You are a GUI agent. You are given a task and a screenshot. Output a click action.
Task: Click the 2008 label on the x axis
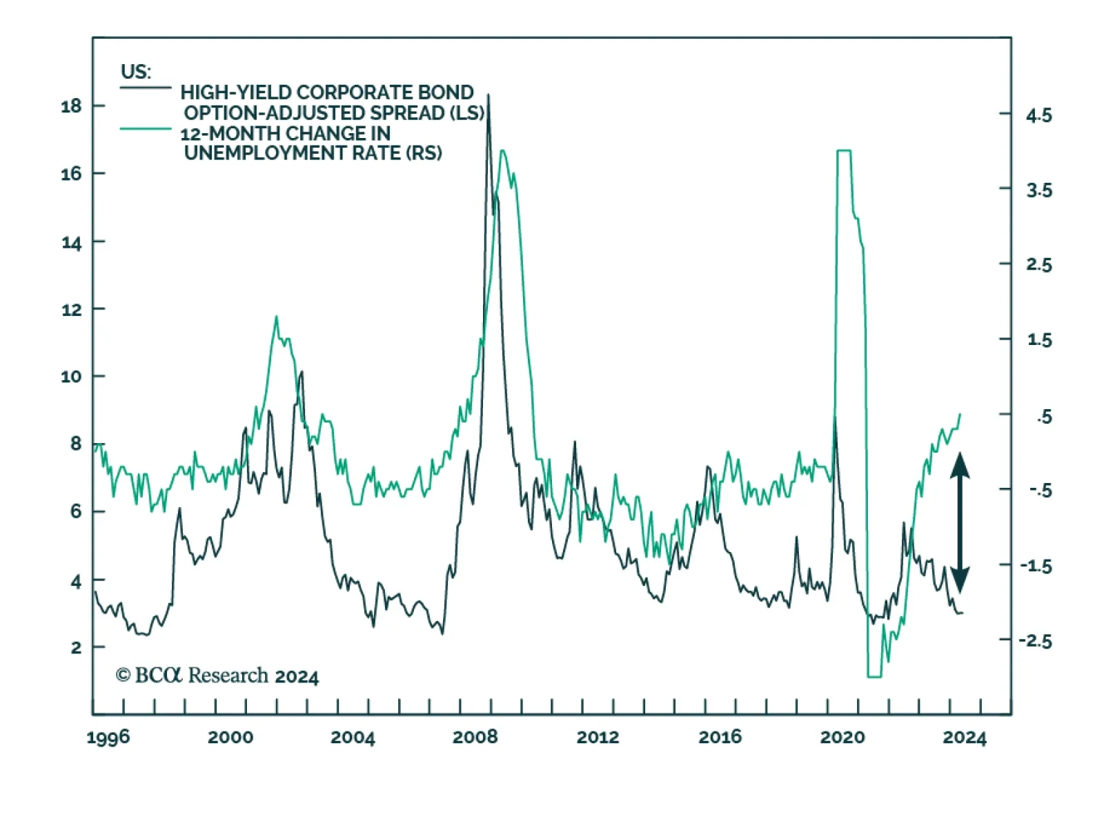click(x=475, y=738)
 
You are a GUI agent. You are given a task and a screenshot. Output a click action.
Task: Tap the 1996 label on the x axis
click(x=108, y=738)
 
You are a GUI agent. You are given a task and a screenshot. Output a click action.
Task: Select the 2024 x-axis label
click(x=965, y=738)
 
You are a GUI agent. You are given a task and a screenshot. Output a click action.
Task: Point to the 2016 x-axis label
click(x=720, y=738)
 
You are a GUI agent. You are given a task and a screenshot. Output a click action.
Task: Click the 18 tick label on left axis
click(x=71, y=106)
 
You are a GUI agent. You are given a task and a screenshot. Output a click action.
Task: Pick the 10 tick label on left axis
click(x=71, y=377)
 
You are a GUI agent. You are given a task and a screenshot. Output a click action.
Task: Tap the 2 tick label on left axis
click(x=76, y=647)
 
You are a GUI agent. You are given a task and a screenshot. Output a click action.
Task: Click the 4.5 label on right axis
click(x=1038, y=115)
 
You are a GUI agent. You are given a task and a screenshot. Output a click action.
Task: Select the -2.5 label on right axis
click(x=1036, y=640)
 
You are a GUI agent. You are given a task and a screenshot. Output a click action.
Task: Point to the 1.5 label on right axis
click(x=1038, y=340)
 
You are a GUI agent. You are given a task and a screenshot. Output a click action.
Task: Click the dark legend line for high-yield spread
click(x=146, y=88)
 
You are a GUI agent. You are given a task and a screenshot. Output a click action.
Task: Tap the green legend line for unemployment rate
click(x=146, y=128)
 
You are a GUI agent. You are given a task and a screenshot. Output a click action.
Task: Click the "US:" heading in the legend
click(x=136, y=72)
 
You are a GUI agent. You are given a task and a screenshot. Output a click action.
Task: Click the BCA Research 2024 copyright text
click(x=217, y=676)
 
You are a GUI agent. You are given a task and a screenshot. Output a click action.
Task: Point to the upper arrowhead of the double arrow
click(x=960, y=466)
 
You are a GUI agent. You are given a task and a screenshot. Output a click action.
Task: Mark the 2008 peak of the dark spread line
click(x=489, y=95)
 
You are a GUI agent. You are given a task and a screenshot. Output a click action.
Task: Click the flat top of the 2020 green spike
click(x=844, y=150)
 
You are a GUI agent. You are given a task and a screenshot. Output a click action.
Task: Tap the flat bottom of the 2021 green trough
click(x=874, y=676)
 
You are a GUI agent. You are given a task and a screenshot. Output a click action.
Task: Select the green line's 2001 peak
click(x=277, y=317)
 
